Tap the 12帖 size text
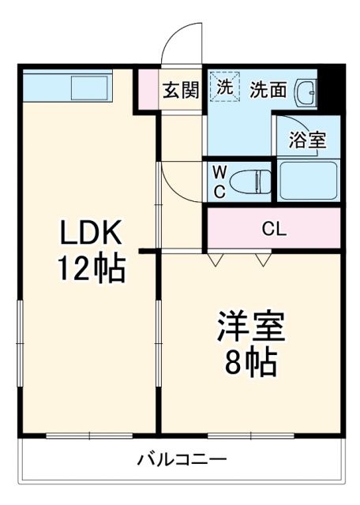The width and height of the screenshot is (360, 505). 90,269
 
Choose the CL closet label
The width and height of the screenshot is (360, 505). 274,229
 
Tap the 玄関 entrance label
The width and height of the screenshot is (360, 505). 181,90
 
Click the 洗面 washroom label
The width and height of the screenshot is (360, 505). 268,90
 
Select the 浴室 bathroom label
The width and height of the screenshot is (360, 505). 307,141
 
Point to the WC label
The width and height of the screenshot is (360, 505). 219,181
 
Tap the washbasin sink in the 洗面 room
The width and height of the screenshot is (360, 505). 306,94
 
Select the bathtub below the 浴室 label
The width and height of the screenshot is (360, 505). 309,181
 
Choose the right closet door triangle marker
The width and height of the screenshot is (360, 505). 263,259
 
